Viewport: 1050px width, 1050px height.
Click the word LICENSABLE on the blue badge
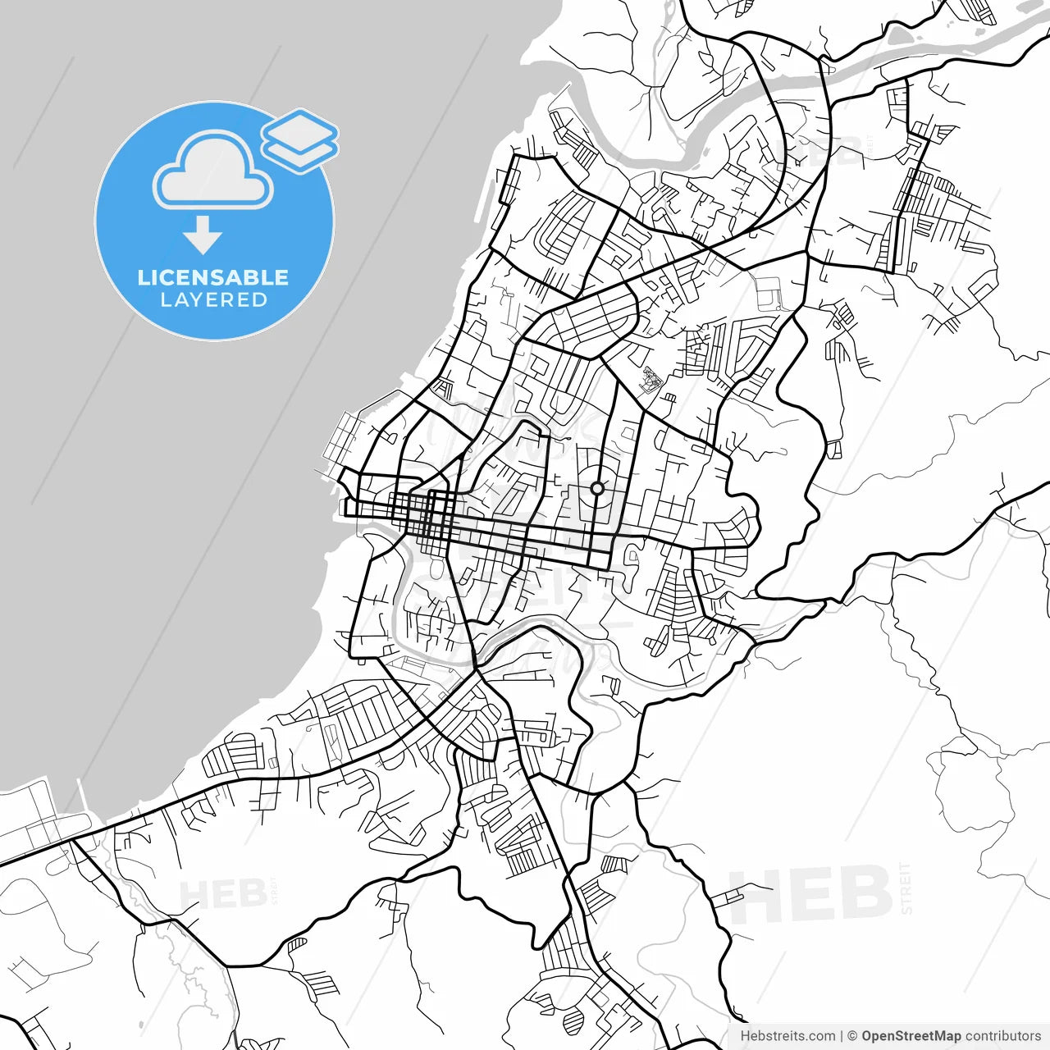tap(213, 277)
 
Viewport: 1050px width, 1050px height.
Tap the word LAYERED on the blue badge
tap(213, 300)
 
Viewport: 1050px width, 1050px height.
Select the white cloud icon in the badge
tap(213, 171)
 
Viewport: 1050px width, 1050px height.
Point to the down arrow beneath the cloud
tap(203, 236)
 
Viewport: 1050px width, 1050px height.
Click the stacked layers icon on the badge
tap(300, 140)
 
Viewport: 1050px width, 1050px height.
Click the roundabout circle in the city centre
tap(597, 489)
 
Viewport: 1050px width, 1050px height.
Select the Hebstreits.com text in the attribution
tap(787, 1036)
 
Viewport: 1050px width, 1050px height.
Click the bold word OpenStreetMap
tap(911, 1036)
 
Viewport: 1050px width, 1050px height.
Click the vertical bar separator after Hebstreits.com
tap(842, 1036)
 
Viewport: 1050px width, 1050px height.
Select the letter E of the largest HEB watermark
tap(812, 896)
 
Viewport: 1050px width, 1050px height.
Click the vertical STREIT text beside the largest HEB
tap(906, 888)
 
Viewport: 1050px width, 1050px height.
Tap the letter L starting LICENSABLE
tap(144, 277)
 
